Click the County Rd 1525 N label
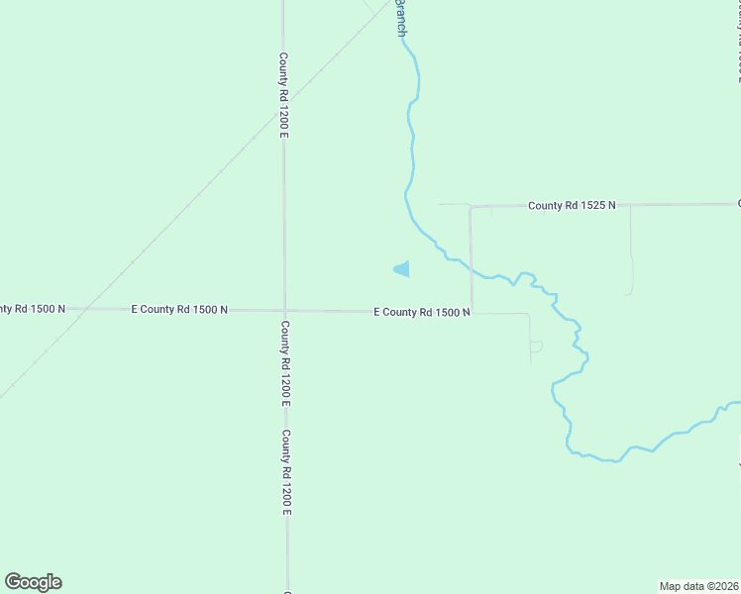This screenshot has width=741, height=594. [572, 205]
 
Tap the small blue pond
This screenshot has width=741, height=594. [402, 268]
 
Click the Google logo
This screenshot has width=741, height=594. [33, 582]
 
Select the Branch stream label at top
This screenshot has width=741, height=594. [401, 18]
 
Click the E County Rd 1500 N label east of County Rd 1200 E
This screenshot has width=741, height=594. [421, 312]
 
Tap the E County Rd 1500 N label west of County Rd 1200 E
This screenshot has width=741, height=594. [179, 310]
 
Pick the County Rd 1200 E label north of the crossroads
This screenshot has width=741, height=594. [283, 95]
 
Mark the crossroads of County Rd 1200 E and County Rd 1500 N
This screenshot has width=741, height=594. [284, 310]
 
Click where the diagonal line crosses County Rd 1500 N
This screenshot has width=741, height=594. [82, 309]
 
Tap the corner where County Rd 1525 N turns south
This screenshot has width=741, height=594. [472, 208]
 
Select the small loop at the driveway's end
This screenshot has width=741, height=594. [536, 346]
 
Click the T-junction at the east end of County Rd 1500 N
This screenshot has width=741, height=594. [472, 312]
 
